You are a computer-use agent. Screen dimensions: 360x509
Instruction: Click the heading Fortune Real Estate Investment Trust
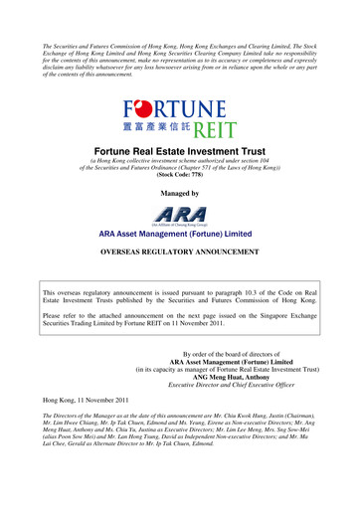(x=180, y=148)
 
